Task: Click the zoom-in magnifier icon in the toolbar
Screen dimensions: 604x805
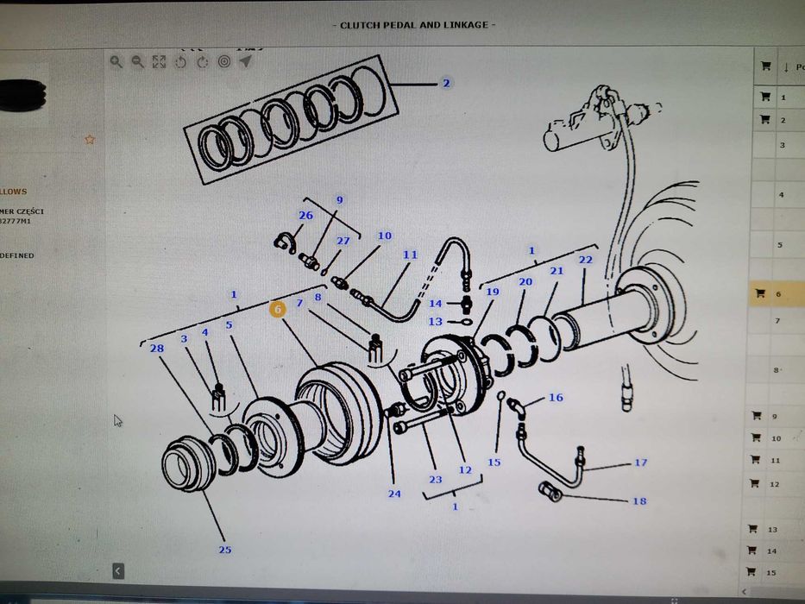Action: [x=116, y=62]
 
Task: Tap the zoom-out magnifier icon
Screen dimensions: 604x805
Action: [x=137, y=62]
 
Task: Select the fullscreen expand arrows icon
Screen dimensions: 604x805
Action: [x=159, y=62]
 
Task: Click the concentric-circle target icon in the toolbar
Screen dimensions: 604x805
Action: [x=224, y=62]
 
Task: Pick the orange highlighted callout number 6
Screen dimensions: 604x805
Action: [x=278, y=309]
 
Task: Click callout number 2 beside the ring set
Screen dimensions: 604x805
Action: [x=446, y=84]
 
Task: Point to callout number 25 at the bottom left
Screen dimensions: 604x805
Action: [x=224, y=550]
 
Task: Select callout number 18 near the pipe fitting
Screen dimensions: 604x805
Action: [x=638, y=501]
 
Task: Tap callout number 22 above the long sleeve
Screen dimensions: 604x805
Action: [x=586, y=260]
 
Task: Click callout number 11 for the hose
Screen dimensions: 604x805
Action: [x=410, y=255]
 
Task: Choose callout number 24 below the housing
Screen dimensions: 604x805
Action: [x=394, y=494]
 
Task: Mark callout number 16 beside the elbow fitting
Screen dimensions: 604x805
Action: [x=556, y=398]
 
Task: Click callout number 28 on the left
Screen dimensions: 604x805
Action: [x=156, y=348]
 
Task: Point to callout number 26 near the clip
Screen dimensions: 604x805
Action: [x=305, y=216]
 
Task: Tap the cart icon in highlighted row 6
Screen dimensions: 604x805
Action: [x=760, y=293]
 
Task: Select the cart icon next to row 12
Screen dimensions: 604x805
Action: [x=753, y=484]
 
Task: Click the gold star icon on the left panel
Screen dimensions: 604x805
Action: [x=90, y=139]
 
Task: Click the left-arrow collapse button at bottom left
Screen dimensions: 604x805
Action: [x=118, y=570]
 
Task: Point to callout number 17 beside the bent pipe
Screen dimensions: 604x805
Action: [x=640, y=463]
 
